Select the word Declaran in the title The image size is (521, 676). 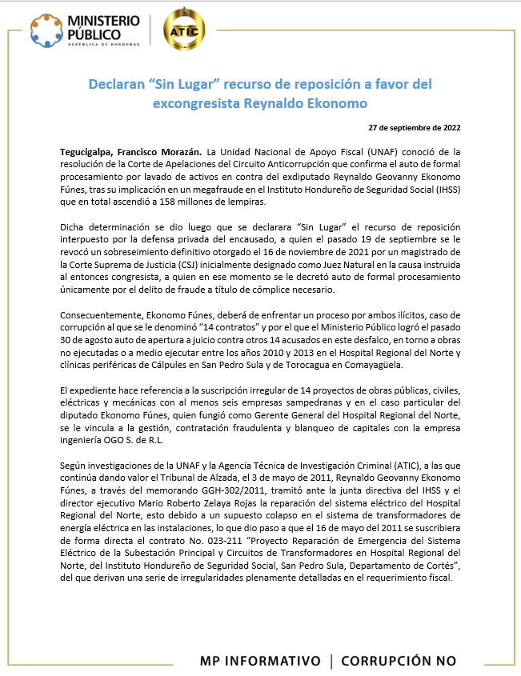click(x=118, y=84)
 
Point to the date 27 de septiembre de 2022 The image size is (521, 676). click(x=414, y=128)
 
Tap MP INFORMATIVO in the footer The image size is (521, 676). click(x=260, y=661)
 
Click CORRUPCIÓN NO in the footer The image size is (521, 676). click(x=399, y=661)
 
